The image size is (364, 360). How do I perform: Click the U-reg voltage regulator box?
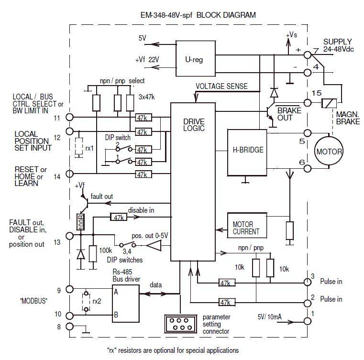pos(195,60)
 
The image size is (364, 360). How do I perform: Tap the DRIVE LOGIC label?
pos(194,126)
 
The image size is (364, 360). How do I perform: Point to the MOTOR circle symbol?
pos(329,152)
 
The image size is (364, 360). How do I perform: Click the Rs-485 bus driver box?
pos(126,302)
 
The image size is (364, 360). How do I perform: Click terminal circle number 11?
pos(70,117)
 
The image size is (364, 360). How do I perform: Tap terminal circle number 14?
pos(70,175)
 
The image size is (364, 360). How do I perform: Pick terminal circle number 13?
pos(70,235)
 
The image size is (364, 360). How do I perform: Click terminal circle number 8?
pos(70,327)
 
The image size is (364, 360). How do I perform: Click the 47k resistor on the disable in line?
pos(118,217)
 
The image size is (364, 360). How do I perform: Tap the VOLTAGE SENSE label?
pos(221,87)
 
